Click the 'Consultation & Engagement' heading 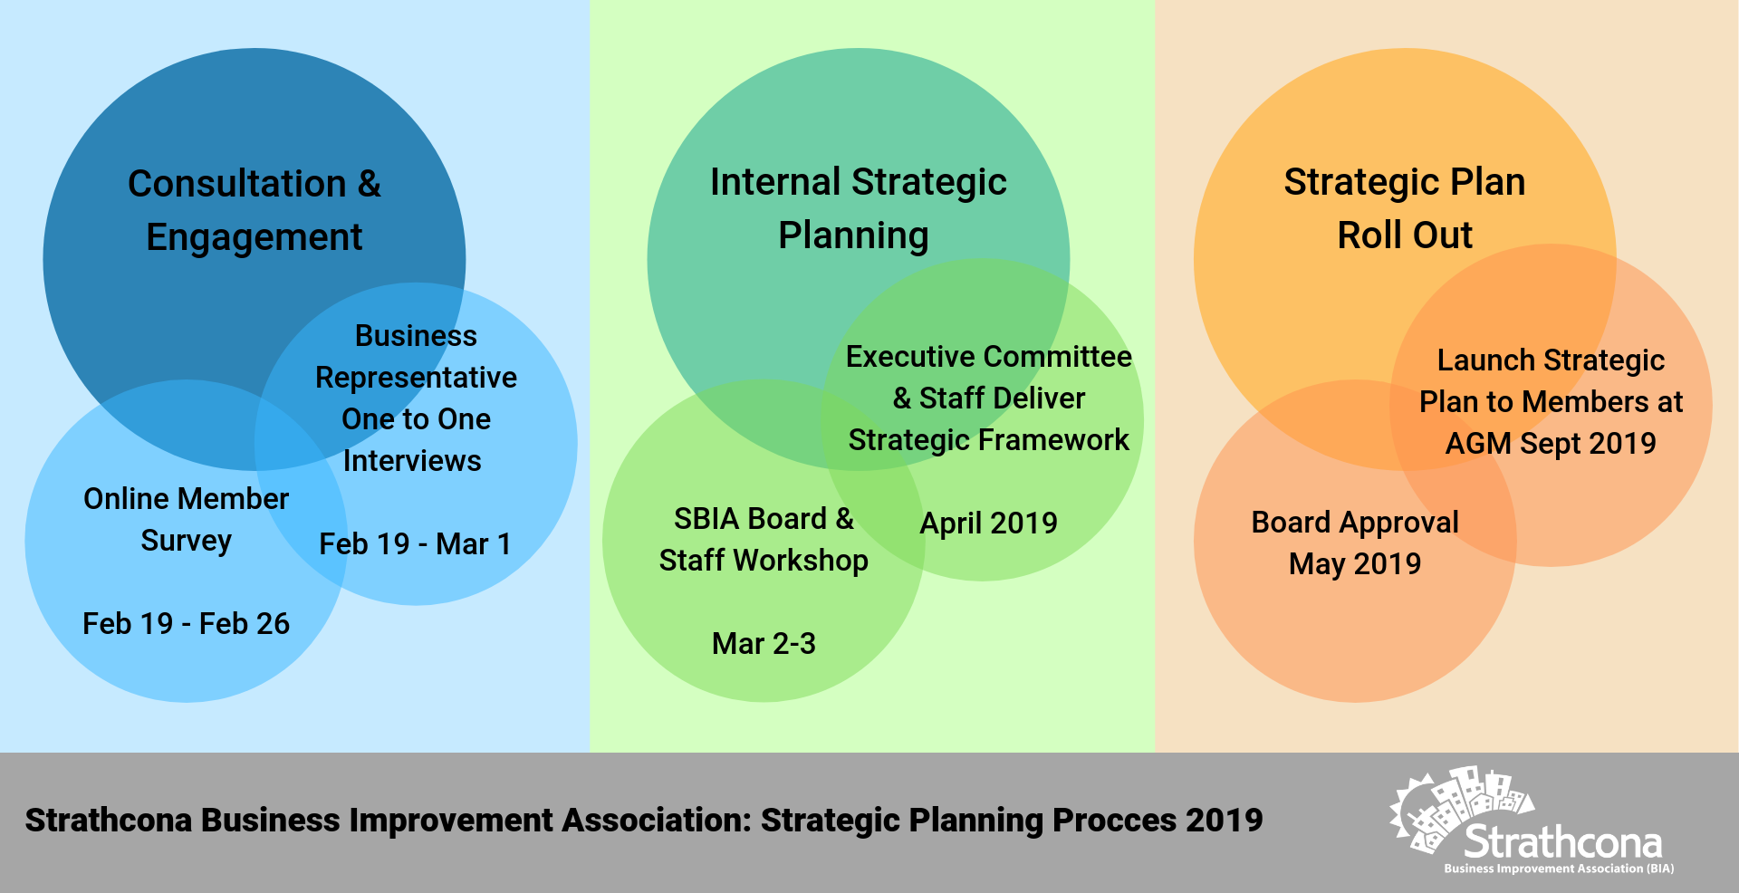coord(255,210)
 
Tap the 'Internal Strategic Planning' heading coord(858,208)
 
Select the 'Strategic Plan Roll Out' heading coord(1405,208)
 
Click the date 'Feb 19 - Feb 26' coord(186,623)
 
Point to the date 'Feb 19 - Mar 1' coord(416,543)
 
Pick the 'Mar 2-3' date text coord(764,643)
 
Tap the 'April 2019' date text coord(988,523)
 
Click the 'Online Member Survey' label coord(186,519)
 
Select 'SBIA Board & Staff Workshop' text coord(764,539)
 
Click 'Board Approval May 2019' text coord(1355,543)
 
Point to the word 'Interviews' coord(412,461)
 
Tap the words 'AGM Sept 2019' coord(1551,444)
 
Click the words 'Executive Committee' coord(988,357)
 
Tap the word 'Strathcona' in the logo coord(1563,842)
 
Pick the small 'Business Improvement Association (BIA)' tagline coord(1559,869)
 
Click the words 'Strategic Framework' coord(988,440)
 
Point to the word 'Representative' coord(416,378)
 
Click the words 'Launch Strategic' coord(1551,360)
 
